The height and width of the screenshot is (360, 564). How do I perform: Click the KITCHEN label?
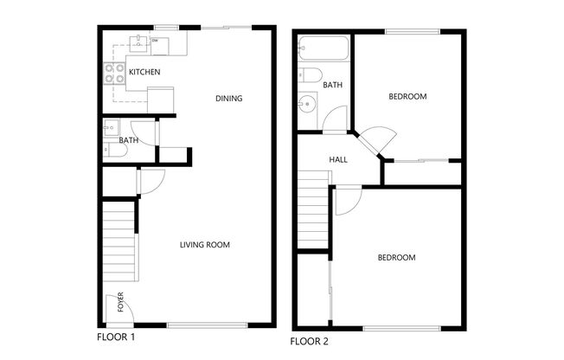[x=144, y=72]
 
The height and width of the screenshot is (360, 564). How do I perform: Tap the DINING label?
[x=228, y=99]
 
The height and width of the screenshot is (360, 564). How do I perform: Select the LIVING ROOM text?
[x=205, y=245]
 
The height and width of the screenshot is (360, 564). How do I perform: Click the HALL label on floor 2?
[x=338, y=160]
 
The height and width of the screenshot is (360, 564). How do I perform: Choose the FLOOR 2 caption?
[x=310, y=341]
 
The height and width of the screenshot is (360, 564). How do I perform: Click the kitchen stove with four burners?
[x=114, y=74]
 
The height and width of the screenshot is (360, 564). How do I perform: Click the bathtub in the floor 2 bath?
[x=323, y=50]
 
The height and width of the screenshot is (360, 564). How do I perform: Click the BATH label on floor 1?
[x=129, y=140]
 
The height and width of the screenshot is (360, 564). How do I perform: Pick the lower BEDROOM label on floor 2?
[x=395, y=258]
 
